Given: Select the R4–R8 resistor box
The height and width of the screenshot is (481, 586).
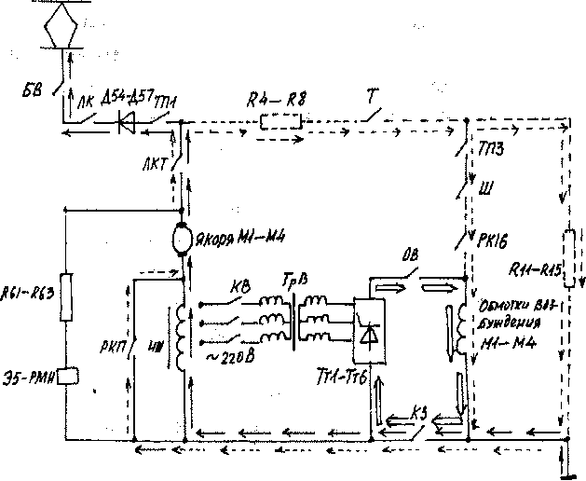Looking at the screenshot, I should click(x=280, y=121).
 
